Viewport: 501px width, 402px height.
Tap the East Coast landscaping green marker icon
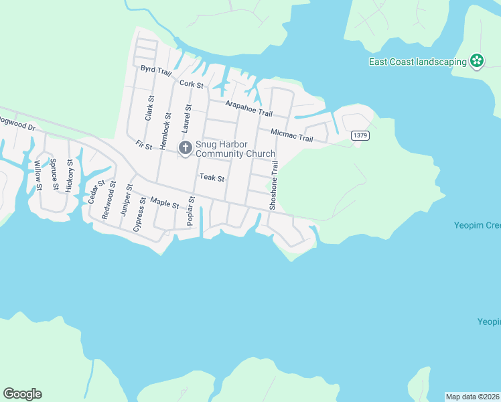[477, 62]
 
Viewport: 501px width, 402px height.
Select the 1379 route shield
[360, 135]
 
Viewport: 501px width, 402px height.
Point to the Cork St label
[192, 84]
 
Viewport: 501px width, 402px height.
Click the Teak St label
[211, 178]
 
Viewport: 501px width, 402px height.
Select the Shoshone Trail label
[273, 185]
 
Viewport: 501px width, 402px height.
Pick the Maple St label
[165, 202]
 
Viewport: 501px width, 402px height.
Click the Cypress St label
[138, 214]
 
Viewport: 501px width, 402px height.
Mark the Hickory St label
[70, 176]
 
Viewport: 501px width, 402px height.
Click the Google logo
[22, 394]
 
